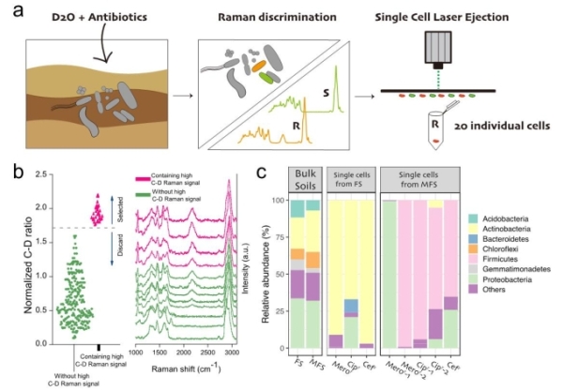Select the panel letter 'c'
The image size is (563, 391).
coord(263,174)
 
